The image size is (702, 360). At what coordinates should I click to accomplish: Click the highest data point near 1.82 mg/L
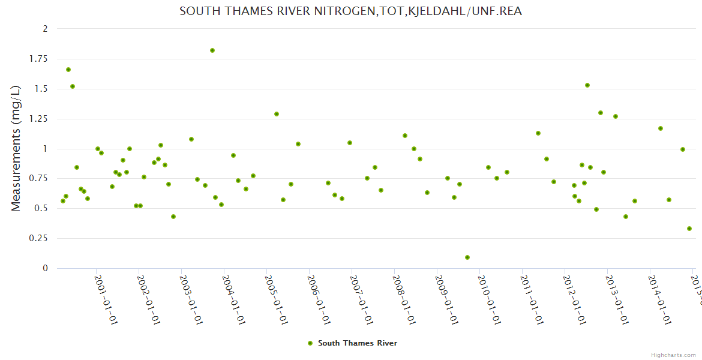point(212,50)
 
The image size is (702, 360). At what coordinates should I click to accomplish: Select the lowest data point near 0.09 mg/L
point(467,257)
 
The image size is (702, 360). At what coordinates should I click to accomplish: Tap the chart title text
point(350,11)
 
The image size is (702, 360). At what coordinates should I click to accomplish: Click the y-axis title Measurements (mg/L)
point(16,148)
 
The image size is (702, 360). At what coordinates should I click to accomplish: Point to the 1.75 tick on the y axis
point(39,59)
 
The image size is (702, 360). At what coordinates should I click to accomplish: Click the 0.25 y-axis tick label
point(39,238)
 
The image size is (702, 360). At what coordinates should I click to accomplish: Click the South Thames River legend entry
point(357,343)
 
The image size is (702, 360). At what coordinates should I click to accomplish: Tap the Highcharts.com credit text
point(673,355)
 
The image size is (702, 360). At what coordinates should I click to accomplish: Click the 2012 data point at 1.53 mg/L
point(587,85)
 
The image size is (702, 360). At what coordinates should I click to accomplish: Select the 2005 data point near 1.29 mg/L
point(277,114)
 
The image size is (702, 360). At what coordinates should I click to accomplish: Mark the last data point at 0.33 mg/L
point(689,229)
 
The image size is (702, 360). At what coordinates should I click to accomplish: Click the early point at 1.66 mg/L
point(68,70)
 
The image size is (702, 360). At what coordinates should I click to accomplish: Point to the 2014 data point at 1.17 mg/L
point(661,128)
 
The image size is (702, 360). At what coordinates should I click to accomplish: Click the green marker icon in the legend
point(310,343)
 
